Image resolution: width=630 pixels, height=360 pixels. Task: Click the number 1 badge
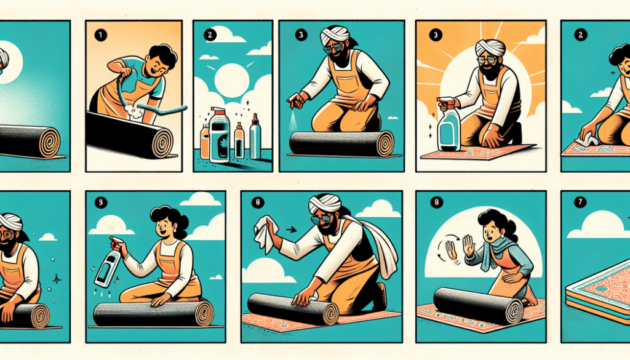[x=100, y=35]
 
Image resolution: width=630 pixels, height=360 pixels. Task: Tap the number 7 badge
[x=580, y=202]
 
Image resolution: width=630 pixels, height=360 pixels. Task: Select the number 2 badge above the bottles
[x=210, y=34]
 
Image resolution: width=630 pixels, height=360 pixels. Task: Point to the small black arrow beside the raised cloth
[x=291, y=230]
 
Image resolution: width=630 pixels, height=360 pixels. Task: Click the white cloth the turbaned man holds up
[x=264, y=233]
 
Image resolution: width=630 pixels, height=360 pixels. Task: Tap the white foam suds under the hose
[x=134, y=111]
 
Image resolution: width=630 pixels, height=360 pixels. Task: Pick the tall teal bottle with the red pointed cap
[x=255, y=137]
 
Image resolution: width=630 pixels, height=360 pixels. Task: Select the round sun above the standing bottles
[x=232, y=79]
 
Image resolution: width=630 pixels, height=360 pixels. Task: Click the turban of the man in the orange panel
[x=490, y=48]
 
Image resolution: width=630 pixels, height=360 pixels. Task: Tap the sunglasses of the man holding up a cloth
[x=323, y=218]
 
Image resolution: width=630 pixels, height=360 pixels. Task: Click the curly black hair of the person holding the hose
[x=162, y=55]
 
